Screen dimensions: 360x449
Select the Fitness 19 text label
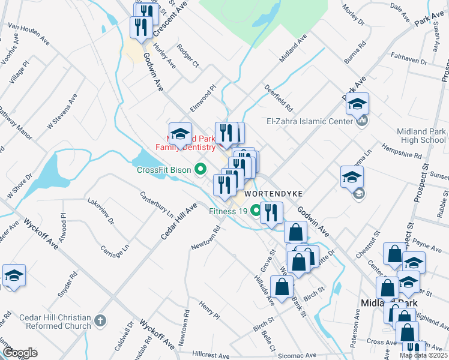click(228, 211)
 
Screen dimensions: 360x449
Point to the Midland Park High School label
click(421, 136)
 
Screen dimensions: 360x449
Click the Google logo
click(19, 353)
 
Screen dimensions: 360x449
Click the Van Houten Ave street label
click(28, 34)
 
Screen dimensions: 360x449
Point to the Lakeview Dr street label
click(101, 212)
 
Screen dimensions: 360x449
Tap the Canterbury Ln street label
click(157, 203)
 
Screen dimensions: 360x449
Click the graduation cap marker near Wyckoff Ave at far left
click(14, 276)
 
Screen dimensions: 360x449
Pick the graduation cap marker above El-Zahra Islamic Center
click(357, 104)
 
